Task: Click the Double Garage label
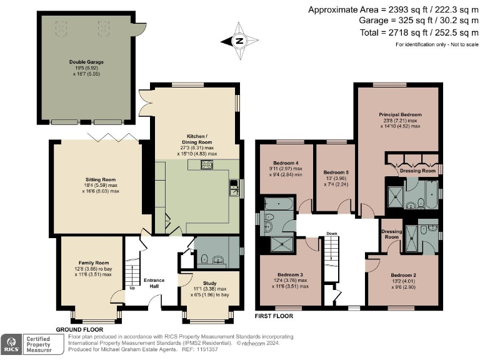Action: [x=86, y=62]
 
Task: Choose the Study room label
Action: [x=211, y=283]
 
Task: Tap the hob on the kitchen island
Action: [x=207, y=165]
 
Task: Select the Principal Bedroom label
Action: [x=400, y=115]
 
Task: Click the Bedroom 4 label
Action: [x=284, y=162]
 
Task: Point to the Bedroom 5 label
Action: [x=336, y=172]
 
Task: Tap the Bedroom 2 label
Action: [x=403, y=275]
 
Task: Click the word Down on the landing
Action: [x=331, y=235]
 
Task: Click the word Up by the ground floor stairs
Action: [x=132, y=288]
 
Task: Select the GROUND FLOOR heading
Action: [x=80, y=329]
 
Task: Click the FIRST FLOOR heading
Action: [x=274, y=316]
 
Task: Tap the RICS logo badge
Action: [x=11, y=343]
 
